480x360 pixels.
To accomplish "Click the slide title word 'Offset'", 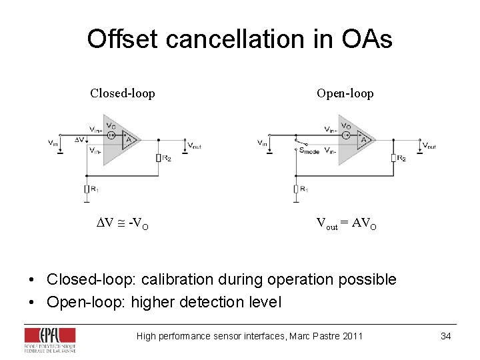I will pos(123,39).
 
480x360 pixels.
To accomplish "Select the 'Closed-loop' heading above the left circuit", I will pos(123,93).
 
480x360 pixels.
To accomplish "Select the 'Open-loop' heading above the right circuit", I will pos(345,93).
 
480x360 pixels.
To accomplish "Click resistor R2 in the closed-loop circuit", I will pos(159,158).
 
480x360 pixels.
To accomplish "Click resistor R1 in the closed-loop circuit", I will pos(87,189).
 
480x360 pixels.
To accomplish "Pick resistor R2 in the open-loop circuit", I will pos(394,158).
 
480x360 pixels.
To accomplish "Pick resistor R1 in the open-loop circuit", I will pos(296,189).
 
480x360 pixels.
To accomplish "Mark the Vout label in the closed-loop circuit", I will pos(194,145).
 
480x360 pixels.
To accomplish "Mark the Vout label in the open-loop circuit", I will pos(429,145).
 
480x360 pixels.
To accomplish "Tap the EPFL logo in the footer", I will pos(50,339).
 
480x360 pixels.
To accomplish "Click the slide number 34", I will pos(445,336).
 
